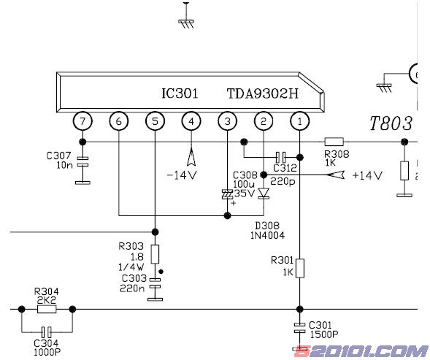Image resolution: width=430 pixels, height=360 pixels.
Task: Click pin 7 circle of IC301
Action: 82,121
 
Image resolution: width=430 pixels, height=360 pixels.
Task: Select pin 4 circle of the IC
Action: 191,121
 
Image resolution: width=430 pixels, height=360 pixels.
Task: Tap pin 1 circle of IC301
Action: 300,121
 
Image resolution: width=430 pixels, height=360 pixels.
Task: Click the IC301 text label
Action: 180,93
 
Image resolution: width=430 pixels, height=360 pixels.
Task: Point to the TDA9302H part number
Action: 262,93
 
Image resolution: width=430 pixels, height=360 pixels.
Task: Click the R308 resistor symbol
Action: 334,142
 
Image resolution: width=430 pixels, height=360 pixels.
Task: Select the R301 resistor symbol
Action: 300,268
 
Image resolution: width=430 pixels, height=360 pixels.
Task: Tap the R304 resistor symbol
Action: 47,309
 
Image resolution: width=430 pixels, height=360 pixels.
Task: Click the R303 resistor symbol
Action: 155,254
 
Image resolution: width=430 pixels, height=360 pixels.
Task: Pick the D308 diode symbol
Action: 264,193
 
